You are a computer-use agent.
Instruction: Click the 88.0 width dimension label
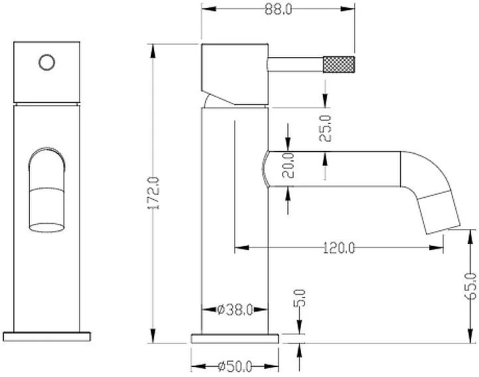278,9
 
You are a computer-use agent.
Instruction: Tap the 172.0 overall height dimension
153,193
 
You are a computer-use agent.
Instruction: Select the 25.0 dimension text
325,128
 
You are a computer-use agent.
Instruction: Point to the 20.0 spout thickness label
288,166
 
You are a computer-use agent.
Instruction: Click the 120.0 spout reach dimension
339,247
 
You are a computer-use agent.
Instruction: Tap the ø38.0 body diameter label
235,310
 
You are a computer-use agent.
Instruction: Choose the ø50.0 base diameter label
235,366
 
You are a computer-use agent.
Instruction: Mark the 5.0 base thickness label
300,298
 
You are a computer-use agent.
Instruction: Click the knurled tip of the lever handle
339,64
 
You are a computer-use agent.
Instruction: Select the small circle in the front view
47,63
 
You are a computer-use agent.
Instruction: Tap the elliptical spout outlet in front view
47,227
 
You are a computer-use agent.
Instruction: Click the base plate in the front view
47,336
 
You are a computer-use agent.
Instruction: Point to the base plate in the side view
235,339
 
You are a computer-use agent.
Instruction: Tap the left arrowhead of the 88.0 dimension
209,9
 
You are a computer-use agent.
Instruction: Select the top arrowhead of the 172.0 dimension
153,51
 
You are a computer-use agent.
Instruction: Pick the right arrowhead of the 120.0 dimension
436,247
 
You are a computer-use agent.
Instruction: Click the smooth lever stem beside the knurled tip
295,64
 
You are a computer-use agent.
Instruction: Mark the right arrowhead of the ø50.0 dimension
272,366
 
